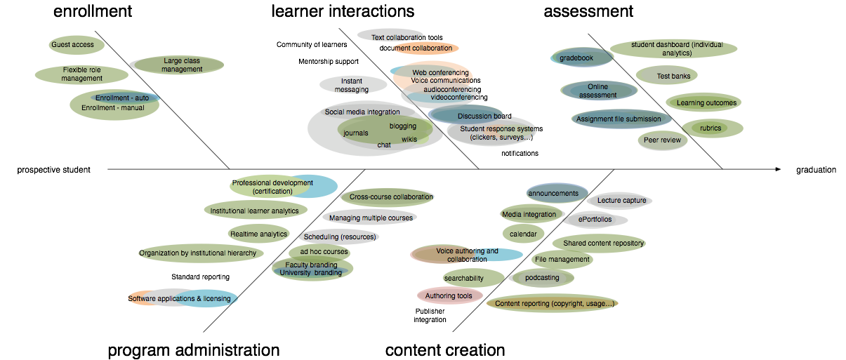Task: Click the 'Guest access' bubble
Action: click(77, 45)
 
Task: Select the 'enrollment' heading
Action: click(93, 11)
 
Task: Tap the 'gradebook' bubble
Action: click(581, 58)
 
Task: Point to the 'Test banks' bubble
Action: click(666, 76)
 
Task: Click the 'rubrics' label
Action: click(710, 128)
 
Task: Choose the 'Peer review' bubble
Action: click(663, 140)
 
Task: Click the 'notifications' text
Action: click(520, 153)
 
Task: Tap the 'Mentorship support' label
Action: click(329, 62)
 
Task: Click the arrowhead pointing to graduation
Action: click(778, 169)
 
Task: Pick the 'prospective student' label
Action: click(53, 170)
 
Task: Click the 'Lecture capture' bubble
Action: click(619, 201)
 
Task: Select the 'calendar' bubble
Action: click(523, 234)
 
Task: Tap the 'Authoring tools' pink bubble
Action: click(450, 296)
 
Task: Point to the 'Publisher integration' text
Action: click(430, 315)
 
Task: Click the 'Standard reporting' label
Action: click(200, 277)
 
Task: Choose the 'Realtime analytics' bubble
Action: click(258, 234)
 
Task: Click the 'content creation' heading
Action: click(445, 349)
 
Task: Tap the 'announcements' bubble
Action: click(557, 193)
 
